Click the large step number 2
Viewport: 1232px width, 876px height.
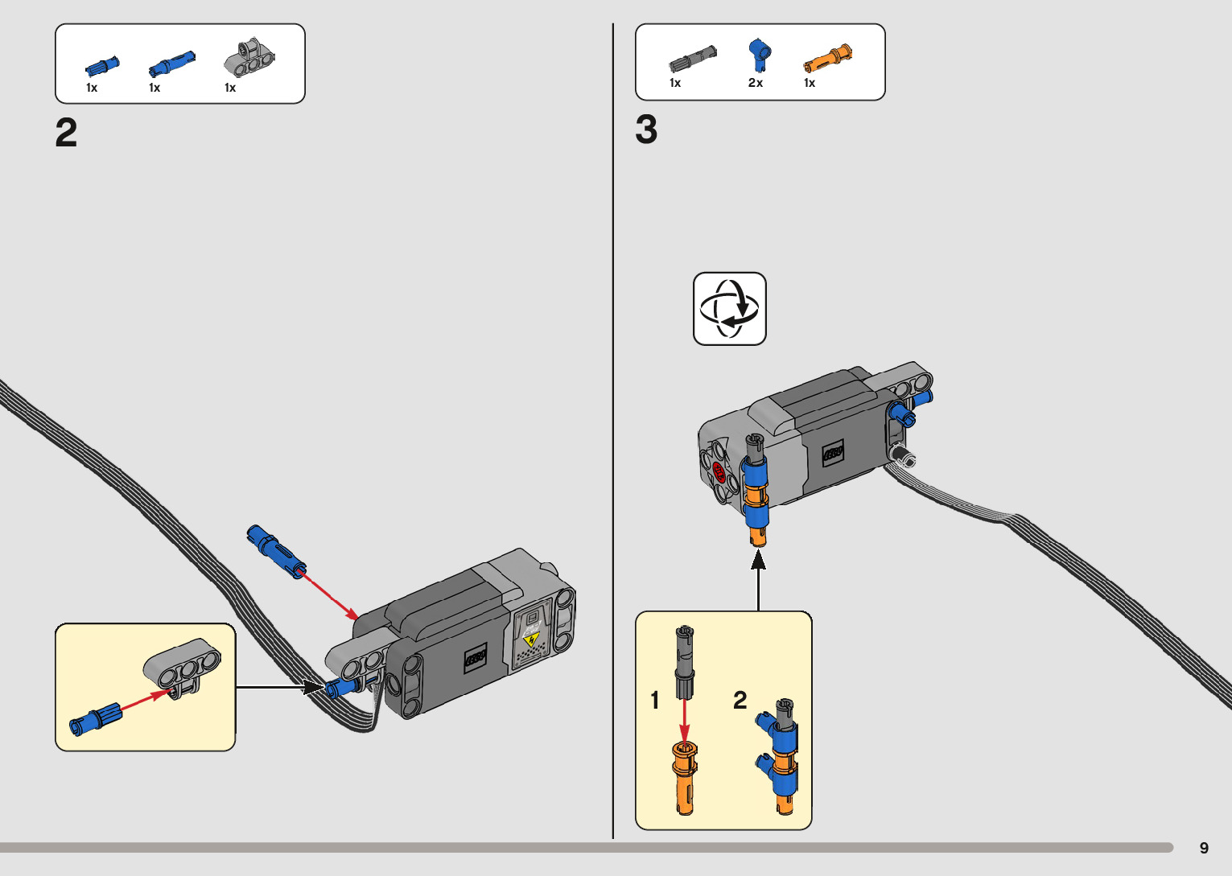point(66,133)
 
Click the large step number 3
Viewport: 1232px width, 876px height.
point(646,130)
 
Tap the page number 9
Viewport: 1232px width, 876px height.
point(1204,848)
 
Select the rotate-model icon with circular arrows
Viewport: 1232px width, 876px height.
point(729,309)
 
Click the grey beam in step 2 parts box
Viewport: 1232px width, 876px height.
point(249,58)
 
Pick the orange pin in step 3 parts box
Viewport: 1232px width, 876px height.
point(828,59)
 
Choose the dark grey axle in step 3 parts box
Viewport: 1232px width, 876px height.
point(693,58)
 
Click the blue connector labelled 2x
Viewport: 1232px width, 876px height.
point(760,55)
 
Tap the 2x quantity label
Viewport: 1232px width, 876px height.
point(755,83)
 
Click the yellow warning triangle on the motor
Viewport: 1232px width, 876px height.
point(531,640)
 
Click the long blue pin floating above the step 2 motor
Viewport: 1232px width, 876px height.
point(277,550)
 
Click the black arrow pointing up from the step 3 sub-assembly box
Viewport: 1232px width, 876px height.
point(759,580)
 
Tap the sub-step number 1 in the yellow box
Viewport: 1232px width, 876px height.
point(654,701)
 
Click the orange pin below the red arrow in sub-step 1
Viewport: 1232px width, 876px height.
point(685,778)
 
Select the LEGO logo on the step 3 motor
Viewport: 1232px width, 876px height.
point(833,453)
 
